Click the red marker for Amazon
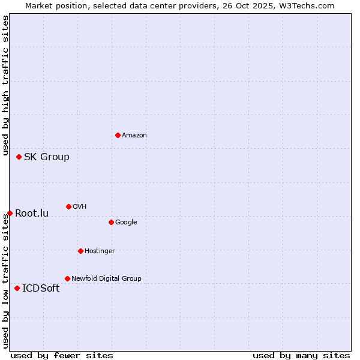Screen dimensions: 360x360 click(118, 135)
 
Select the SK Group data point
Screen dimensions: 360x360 click(19, 157)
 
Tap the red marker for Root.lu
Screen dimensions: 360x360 click(10, 213)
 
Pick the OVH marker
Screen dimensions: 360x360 click(68, 206)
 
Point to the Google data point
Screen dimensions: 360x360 click(111, 222)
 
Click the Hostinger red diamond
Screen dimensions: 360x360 click(80, 251)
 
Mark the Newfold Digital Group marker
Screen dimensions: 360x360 click(67, 278)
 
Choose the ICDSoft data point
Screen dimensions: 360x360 click(17, 288)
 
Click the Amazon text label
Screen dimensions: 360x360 click(134, 135)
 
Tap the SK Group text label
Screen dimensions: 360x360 click(47, 157)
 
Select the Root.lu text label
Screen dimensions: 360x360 click(32, 214)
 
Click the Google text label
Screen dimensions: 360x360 click(126, 222)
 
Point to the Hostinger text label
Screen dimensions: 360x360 click(100, 251)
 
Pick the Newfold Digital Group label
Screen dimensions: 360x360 click(106, 278)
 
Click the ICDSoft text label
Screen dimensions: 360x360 click(41, 289)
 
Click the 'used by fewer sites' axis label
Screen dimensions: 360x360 click(62, 355)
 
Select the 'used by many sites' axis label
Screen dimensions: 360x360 click(301, 355)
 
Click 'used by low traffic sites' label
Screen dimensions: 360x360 click(5, 280)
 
